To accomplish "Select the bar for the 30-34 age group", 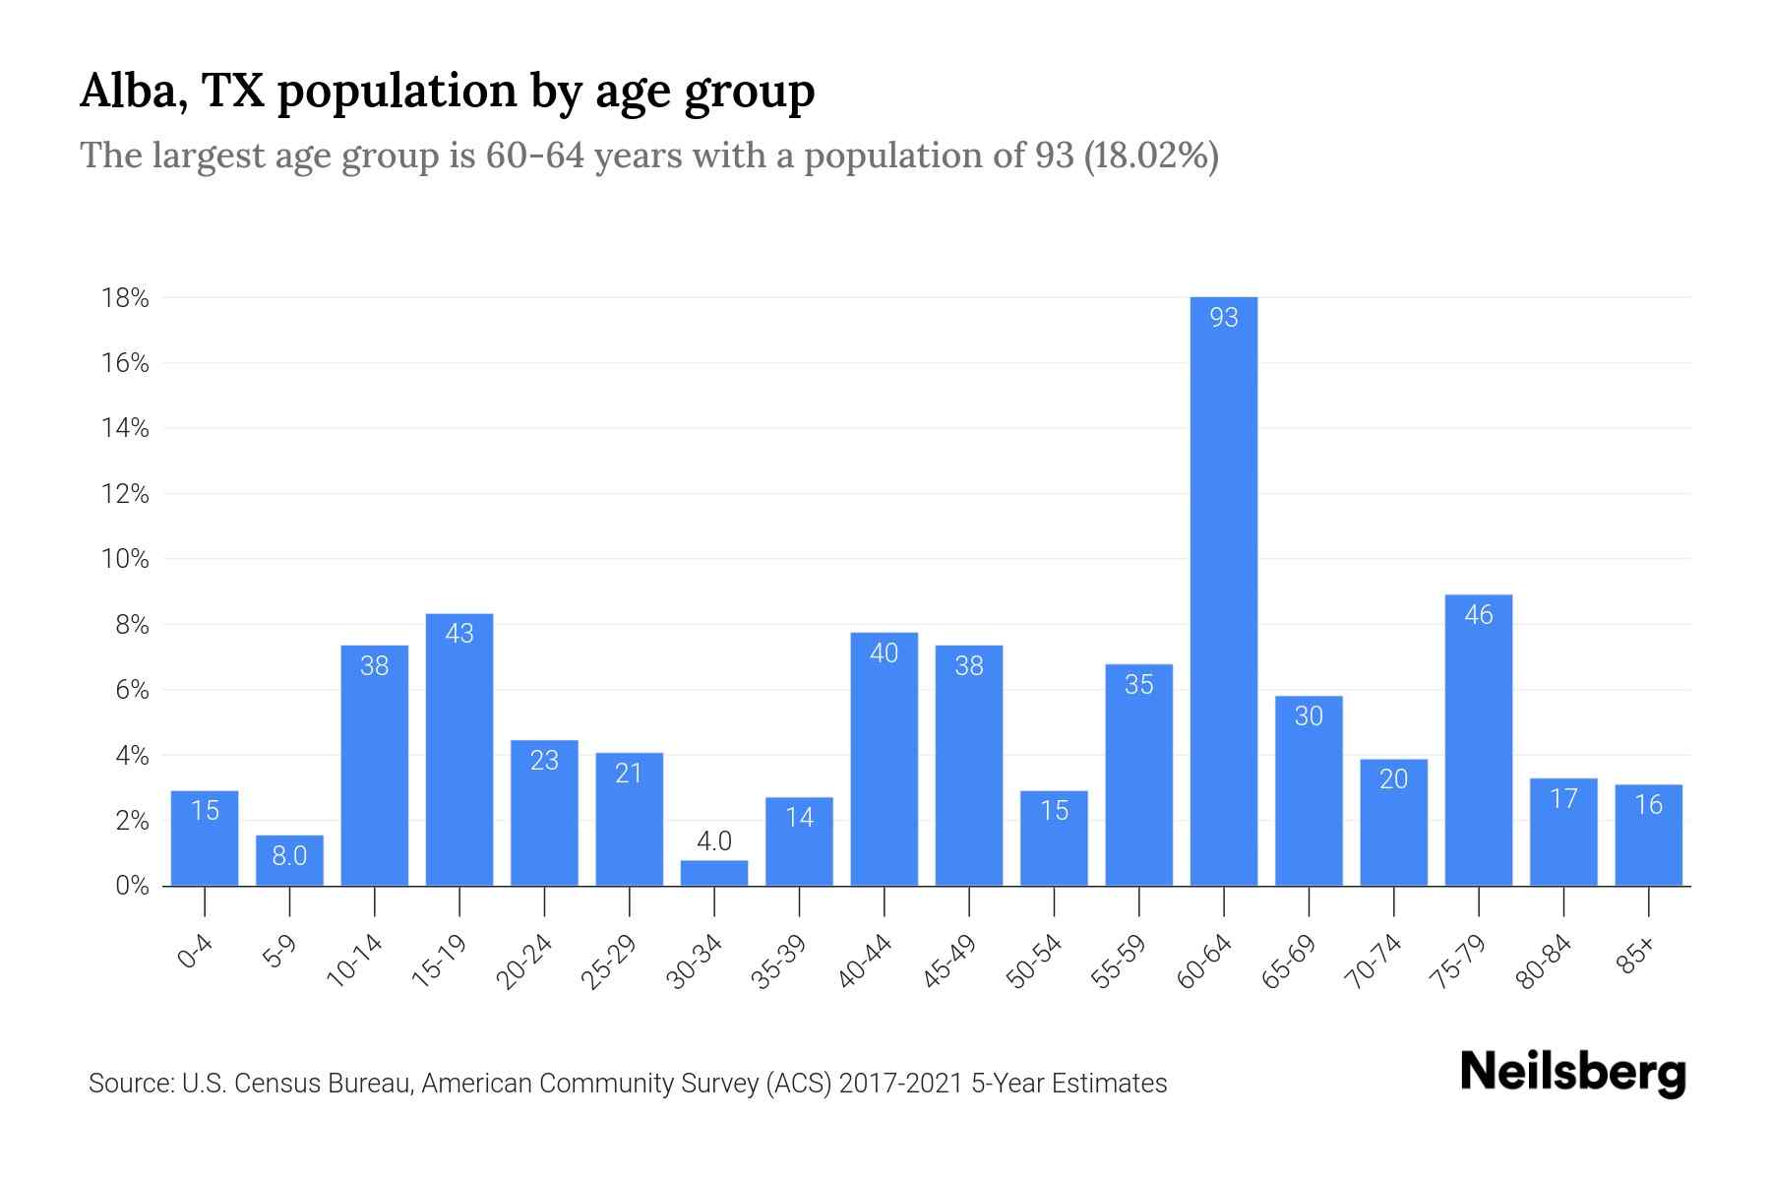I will (714, 874).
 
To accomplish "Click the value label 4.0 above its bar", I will (714, 841).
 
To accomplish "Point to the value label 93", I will (1223, 318).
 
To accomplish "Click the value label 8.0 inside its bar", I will (289, 856).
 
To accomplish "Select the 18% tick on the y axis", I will (125, 298).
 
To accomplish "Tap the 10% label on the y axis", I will (125, 560).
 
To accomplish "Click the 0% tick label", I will (132, 886).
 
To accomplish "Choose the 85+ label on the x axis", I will (1636, 957).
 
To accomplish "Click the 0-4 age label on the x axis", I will (196, 953).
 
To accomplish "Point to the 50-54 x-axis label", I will (1034, 962).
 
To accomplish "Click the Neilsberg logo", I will (1572, 1073).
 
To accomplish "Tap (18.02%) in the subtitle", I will (1151, 155).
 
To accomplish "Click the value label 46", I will (1478, 615).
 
